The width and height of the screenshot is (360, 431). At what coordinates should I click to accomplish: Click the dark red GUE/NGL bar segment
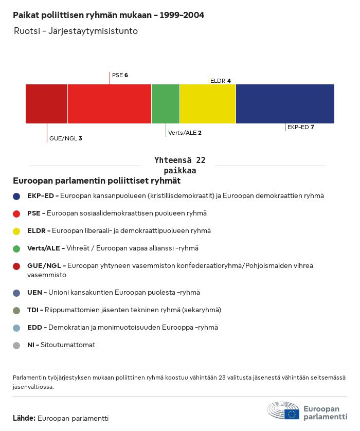tap(46, 104)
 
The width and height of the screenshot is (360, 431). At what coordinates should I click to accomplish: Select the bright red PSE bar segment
tap(109, 104)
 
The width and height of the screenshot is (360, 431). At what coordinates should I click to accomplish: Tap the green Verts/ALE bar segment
tap(165, 104)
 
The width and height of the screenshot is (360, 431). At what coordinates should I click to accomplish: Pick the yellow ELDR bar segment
tap(207, 104)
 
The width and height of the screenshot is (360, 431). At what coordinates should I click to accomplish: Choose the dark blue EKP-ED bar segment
tap(285, 104)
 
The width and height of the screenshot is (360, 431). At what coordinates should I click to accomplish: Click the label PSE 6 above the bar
tap(120, 75)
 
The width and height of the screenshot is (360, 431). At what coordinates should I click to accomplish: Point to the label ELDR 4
tap(221, 81)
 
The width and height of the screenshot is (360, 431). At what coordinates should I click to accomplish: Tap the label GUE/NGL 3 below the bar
tap(65, 138)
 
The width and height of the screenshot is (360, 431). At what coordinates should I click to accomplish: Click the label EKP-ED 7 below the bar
tap(301, 127)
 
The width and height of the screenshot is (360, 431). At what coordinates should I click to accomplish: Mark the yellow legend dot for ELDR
tap(16, 231)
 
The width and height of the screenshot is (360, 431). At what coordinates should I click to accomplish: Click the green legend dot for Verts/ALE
tap(16, 248)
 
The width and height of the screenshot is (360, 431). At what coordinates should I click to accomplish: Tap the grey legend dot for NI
tap(16, 345)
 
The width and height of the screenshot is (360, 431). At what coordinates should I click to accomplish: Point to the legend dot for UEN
tap(16, 293)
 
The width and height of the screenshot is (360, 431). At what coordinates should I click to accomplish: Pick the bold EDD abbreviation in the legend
tap(34, 328)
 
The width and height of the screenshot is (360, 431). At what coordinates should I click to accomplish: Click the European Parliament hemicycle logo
tap(283, 411)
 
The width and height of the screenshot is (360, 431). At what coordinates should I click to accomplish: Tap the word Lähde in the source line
tap(24, 418)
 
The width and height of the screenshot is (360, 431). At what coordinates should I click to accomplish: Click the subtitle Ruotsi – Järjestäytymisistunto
tap(76, 31)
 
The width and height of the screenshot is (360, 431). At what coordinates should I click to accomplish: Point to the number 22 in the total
tap(200, 160)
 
